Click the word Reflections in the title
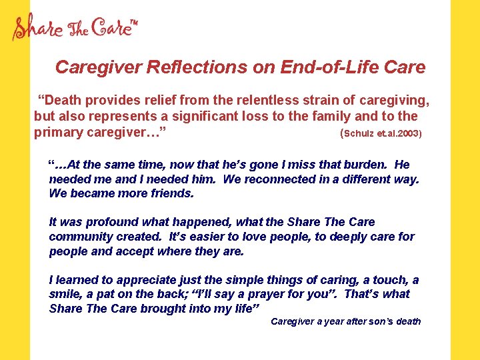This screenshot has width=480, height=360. [x=189, y=67]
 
